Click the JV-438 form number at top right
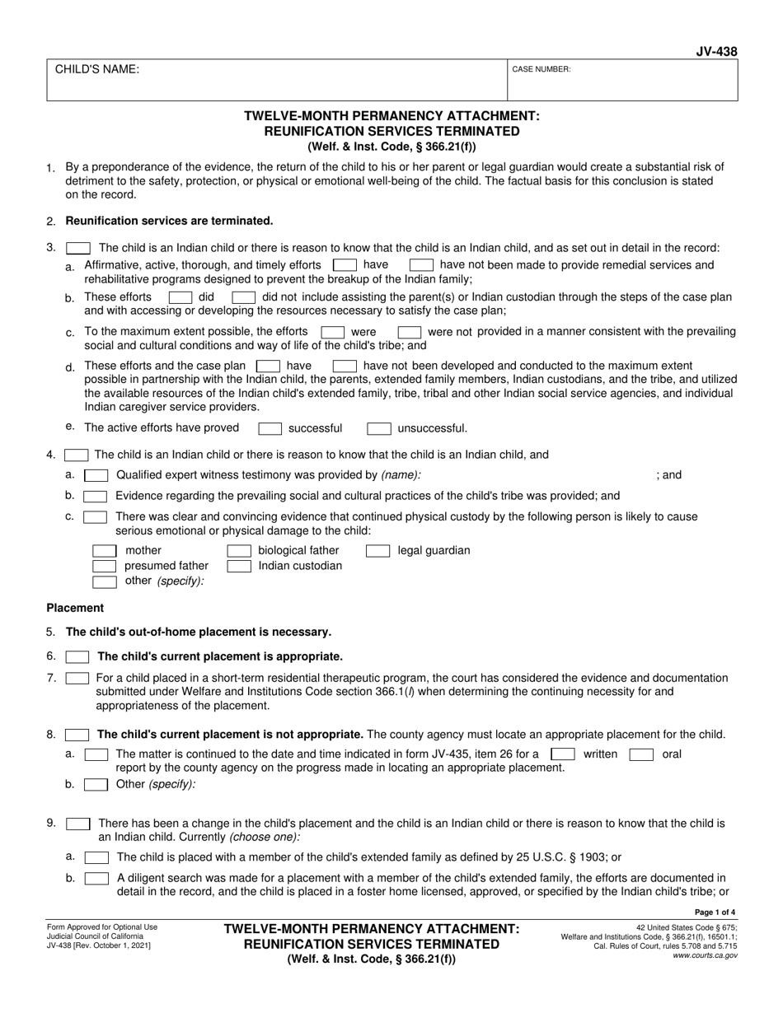click(716, 51)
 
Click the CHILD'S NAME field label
click(97, 70)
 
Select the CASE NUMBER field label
click(542, 70)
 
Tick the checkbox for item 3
click(78, 248)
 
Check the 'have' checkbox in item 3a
click(345, 265)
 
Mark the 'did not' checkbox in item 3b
click(243, 296)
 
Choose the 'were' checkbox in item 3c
click(333, 332)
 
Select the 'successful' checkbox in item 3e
click(270, 428)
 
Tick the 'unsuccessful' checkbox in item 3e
click(379, 428)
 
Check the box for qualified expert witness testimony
click(96, 475)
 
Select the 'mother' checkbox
click(105, 551)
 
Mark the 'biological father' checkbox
click(239, 551)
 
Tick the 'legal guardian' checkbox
click(378, 551)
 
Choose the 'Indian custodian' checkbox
click(239, 567)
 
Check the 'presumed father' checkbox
click(105, 567)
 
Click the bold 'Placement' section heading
click(75, 608)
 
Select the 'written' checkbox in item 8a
click(563, 754)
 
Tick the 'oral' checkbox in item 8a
click(641, 754)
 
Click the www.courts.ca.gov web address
click(706, 955)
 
